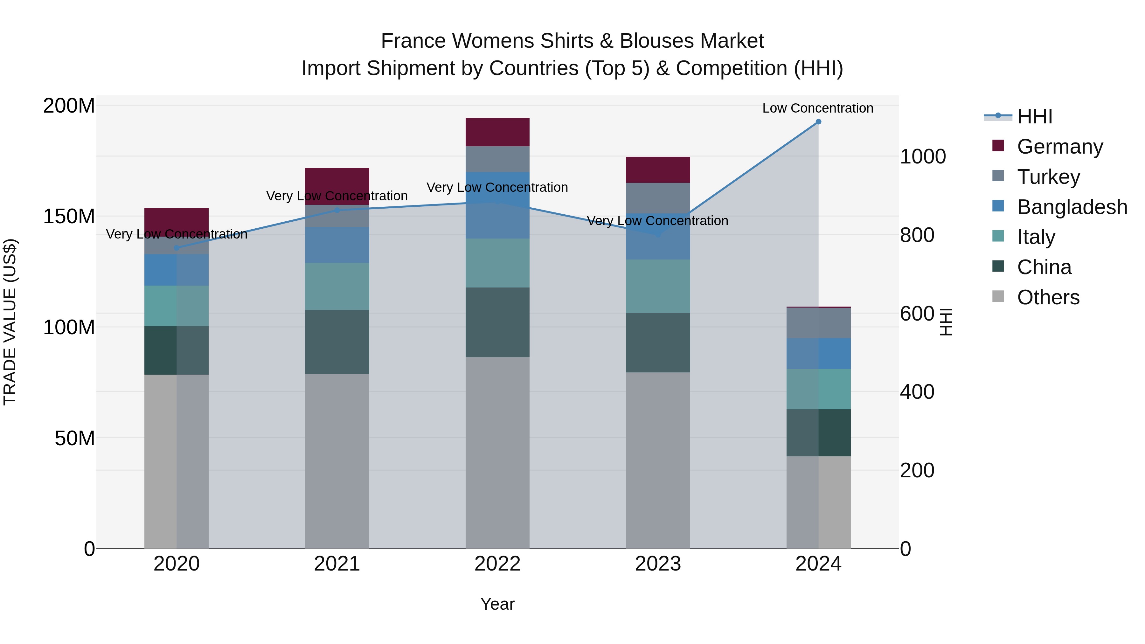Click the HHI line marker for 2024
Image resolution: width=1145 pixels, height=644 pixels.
(x=818, y=122)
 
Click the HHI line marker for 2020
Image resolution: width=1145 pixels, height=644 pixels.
(x=177, y=248)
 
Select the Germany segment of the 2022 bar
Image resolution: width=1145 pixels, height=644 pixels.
(x=497, y=132)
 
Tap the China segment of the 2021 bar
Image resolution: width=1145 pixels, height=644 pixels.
(x=337, y=342)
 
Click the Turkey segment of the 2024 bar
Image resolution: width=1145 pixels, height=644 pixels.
(x=818, y=323)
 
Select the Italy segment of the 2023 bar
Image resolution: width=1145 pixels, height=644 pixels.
(x=658, y=286)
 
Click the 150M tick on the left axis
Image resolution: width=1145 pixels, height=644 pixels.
(x=69, y=217)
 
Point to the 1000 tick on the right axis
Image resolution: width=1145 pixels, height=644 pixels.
(x=923, y=156)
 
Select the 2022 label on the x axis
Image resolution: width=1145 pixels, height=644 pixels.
(x=497, y=564)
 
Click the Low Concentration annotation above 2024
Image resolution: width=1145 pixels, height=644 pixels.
(x=817, y=108)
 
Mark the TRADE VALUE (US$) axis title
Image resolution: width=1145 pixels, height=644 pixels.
(x=10, y=322)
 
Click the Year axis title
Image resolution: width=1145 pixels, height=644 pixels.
(x=497, y=604)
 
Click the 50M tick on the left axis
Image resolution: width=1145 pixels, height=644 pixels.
(x=75, y=438)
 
